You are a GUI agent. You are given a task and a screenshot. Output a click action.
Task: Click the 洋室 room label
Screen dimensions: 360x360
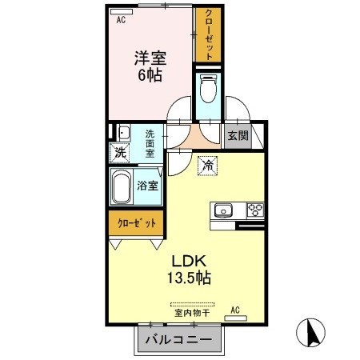[x=150, y=58]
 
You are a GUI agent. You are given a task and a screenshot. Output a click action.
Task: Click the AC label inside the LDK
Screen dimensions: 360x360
[x=235, y=310]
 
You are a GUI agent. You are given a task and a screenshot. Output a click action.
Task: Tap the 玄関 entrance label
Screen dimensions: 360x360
[x=237, y=135]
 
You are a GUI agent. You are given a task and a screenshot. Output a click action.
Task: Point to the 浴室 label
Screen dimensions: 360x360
[x=147, y=186]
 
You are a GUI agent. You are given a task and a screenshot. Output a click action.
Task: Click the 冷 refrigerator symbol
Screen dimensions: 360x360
[x=206, y=166]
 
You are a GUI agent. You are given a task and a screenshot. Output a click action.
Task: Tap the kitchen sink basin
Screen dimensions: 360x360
[x=222, y=211]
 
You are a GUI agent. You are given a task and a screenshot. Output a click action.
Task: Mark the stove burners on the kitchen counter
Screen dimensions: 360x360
[x=256, y=211]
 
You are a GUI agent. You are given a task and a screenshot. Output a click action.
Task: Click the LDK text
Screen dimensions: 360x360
[x=190, y=261]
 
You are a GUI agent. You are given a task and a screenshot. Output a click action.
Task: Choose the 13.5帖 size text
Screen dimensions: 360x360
[x=190, y=279]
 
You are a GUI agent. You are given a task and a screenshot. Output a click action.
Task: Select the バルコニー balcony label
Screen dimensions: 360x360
[x=178, y=340]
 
